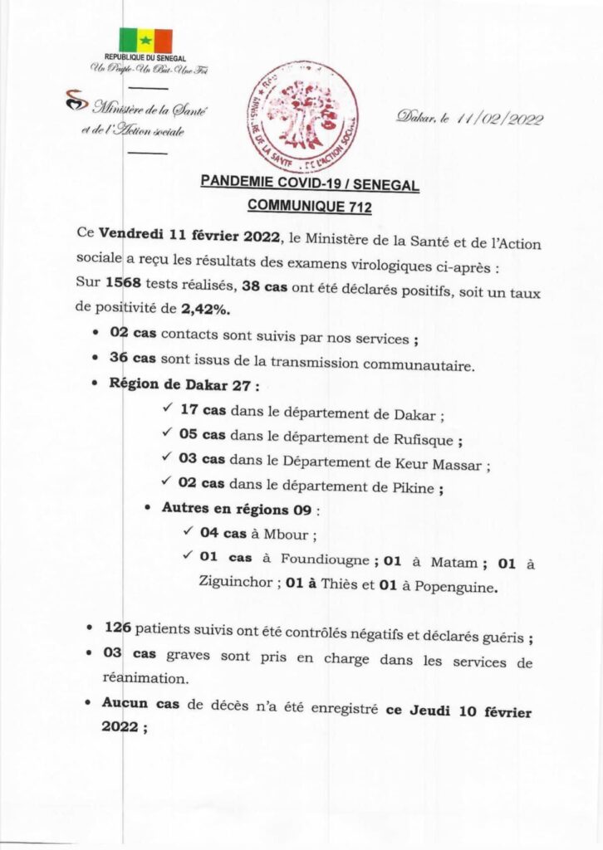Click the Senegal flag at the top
pyautogui.click(x=145, y=40)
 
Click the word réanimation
pyautogui.click(x=146, y=679)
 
